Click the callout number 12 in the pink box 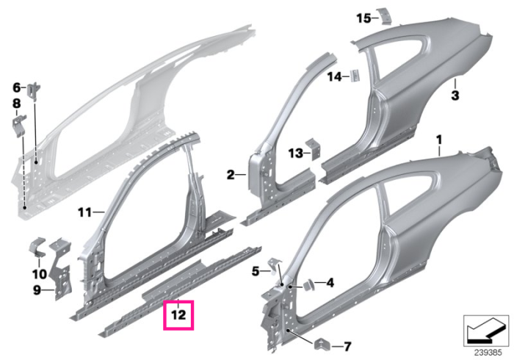point(178,315)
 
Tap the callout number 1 point(439,140)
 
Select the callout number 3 point(455,96)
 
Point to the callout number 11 point(85,213)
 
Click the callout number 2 point(231,175)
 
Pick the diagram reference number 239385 point(488,353)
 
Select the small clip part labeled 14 point(355,76)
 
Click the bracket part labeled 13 point(313,149)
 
